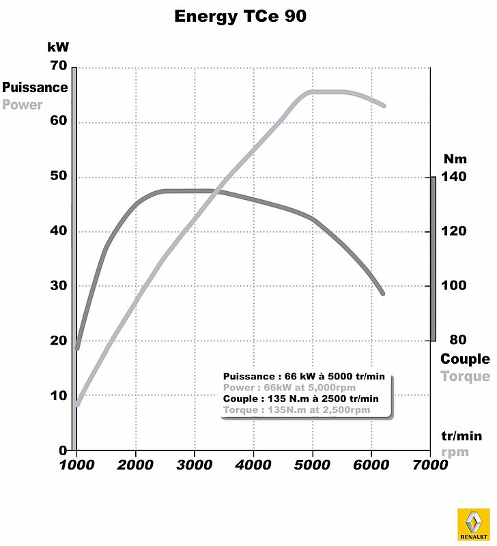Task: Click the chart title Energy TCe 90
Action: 240,16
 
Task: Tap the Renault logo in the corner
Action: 473,526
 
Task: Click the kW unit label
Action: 58,47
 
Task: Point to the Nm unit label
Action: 455,159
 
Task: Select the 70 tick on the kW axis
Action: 58,66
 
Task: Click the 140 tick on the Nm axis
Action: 453,177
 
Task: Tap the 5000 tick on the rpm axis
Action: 312,465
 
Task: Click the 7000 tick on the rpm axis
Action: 429,465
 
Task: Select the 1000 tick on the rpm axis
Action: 76,465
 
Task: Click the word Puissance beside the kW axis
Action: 35,87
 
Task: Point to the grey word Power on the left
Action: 22,105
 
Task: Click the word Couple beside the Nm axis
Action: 465,359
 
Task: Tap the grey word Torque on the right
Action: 465,377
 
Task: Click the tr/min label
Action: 461,436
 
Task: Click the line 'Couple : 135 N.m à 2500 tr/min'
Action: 300,399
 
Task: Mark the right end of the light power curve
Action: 384,106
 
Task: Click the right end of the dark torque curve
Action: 383,293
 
